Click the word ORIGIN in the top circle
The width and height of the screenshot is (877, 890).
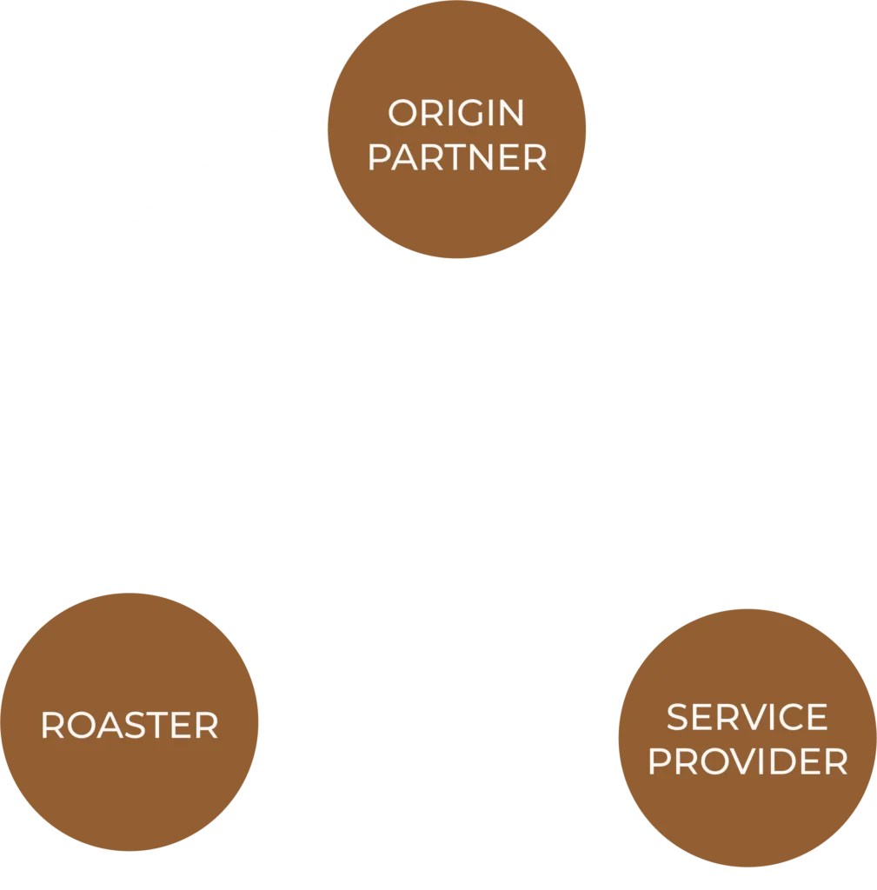point(456,113)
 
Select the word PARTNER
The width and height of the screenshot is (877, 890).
point(457,158)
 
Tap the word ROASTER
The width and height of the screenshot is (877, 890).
point(130,726)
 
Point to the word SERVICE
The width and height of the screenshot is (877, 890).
point(747,717)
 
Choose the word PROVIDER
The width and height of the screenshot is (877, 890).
point(747,761)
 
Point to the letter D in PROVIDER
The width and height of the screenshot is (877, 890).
point(787,761)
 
